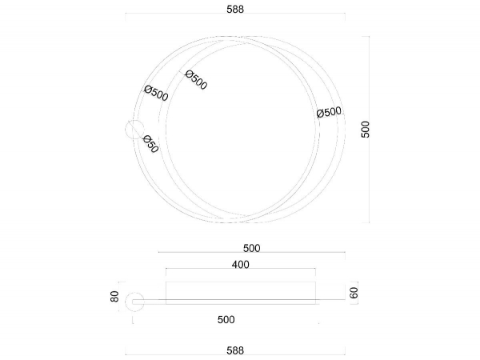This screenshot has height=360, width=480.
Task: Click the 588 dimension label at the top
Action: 235,9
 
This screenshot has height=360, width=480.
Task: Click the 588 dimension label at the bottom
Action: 235,350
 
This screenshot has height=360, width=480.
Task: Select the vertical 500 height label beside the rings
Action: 366,129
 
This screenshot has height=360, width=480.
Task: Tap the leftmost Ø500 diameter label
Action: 156,93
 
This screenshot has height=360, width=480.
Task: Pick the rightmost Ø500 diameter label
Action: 329,112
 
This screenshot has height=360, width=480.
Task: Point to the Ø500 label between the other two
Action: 196,80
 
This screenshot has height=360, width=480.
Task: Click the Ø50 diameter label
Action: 150,144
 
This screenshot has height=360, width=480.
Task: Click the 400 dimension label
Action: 240,265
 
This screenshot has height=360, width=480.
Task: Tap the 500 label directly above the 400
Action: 252,248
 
